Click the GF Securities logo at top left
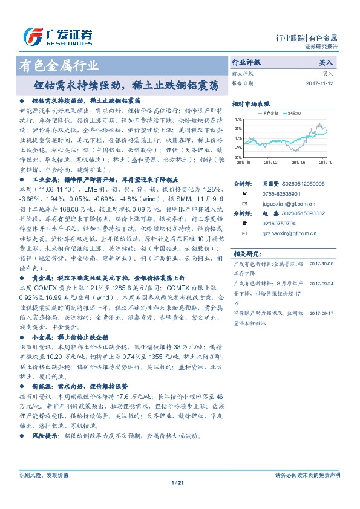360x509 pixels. click(x=58, y=37)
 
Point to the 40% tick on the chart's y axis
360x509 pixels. click(x=239, y=120)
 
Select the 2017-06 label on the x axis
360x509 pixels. click(x=298, y=161)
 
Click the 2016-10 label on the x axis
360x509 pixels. click(x=243, y=161)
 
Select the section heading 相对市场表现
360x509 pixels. click(x=250, y=103)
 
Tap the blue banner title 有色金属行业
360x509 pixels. click(x=59, y=65)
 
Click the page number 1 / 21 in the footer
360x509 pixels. click(x=177, y=482)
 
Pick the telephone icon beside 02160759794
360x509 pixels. click(x=244, y=223)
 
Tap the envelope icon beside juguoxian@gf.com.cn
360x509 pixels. click(x=244, y=203)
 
